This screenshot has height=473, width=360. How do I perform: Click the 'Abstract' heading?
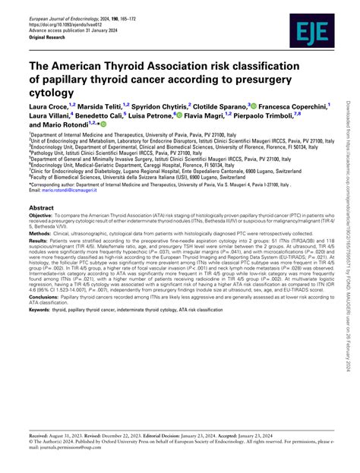[46, 207]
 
